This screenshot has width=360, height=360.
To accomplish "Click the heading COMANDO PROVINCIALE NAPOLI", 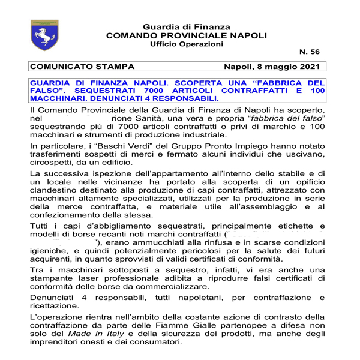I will (186, 36).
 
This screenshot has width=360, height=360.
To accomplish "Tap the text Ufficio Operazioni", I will (186, 45).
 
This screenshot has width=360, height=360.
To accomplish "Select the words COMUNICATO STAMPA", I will (82, 67).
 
